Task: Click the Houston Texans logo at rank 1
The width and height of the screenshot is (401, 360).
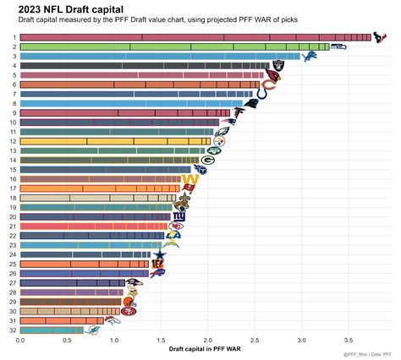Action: point(378,37)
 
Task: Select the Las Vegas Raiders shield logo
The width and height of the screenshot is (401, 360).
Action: point(277,64)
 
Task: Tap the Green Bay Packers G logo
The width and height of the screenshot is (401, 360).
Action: point(208,157)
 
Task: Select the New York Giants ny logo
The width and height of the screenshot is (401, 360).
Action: point(179,217)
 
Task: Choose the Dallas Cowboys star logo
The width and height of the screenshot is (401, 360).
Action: point(159,253)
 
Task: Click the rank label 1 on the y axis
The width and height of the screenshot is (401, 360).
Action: point(14,37)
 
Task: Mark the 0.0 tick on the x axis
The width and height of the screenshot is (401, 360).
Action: point(20,341)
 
